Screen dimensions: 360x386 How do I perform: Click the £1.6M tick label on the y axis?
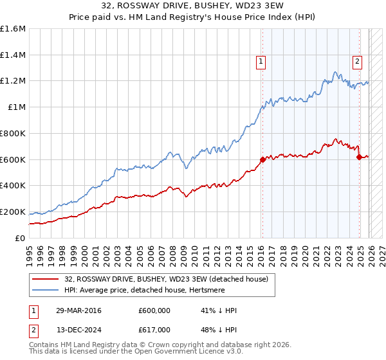tap(13, 29)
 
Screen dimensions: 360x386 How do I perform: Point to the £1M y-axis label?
tap(17, 107)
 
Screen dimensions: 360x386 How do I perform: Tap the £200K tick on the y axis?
tap(13, 212)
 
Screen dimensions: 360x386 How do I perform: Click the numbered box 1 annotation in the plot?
tap(261, 62)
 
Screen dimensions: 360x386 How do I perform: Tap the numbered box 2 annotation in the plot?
tap(357, 62)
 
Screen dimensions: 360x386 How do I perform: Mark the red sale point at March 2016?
tap(262, 159)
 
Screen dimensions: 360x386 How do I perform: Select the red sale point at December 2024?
tap(359, 157)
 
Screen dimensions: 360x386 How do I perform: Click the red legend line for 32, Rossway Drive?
tap(45, 278)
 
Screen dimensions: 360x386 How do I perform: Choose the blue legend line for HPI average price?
tap(45, 289)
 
